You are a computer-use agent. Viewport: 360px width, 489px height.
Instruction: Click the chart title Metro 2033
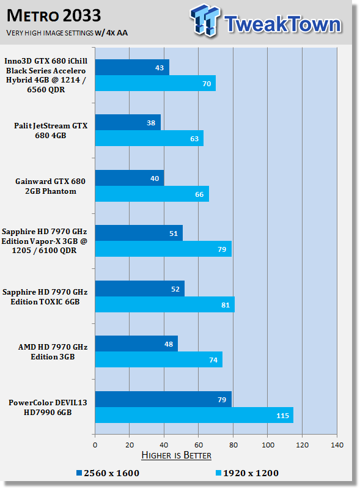point(54,16)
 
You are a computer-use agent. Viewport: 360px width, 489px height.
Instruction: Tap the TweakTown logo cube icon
point(205,20)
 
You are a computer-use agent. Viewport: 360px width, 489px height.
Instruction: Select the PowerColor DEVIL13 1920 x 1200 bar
point(194,415)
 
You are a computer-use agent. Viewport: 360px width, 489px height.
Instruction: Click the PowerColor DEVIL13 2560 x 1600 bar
point(163,399)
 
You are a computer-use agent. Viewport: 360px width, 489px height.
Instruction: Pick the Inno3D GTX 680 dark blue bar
point(132,67)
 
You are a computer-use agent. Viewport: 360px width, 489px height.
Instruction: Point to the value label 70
point(207,84)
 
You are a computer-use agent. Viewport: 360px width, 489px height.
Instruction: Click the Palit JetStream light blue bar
point(149,138)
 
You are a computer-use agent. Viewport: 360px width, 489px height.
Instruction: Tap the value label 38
point(151,123)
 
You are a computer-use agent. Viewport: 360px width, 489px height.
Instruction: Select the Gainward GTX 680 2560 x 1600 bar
point(130,178)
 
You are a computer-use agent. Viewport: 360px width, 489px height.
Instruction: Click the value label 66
point(199,194)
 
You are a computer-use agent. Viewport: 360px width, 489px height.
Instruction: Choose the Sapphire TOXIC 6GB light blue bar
point(165,304)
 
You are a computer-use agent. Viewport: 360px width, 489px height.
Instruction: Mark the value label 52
point(175,289)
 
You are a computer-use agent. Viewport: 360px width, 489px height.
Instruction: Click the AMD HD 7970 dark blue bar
point(136,344)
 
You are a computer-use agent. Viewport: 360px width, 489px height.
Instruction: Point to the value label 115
point(282,416)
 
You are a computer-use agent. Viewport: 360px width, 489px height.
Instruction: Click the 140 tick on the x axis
point(337,445)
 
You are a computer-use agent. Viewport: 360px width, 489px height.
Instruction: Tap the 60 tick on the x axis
point(199,445)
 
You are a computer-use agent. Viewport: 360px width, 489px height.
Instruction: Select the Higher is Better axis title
point(176,455)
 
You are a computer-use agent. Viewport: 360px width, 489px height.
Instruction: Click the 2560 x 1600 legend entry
point(108,473)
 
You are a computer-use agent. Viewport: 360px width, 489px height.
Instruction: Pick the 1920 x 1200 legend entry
point(247,473)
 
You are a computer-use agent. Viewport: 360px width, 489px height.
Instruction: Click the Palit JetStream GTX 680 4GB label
point(51,130)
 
